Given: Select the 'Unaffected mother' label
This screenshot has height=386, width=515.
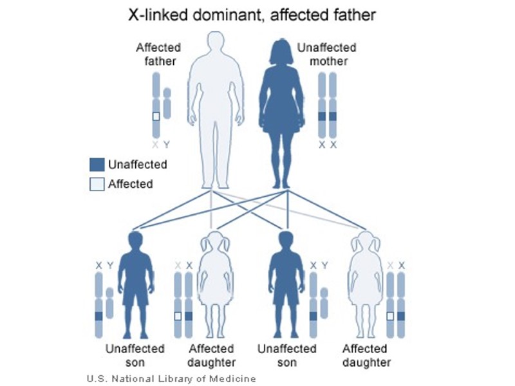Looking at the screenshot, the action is click(326, 55).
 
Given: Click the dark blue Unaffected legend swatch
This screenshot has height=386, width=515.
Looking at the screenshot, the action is click(97, 165).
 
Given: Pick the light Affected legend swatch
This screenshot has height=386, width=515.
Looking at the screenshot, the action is click(97, 184).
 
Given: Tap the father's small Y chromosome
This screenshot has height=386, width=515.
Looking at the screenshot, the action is click(167, 103).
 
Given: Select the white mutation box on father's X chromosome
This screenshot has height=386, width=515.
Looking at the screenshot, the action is click(156, 116).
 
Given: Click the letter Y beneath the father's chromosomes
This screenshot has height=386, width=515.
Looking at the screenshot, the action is click(167, 145).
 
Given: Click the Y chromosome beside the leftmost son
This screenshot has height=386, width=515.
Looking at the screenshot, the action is click(109, 302).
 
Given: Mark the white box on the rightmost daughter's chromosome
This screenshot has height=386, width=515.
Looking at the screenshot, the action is click(389, 316).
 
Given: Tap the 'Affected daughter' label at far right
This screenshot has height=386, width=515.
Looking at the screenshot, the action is click(366, 355).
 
